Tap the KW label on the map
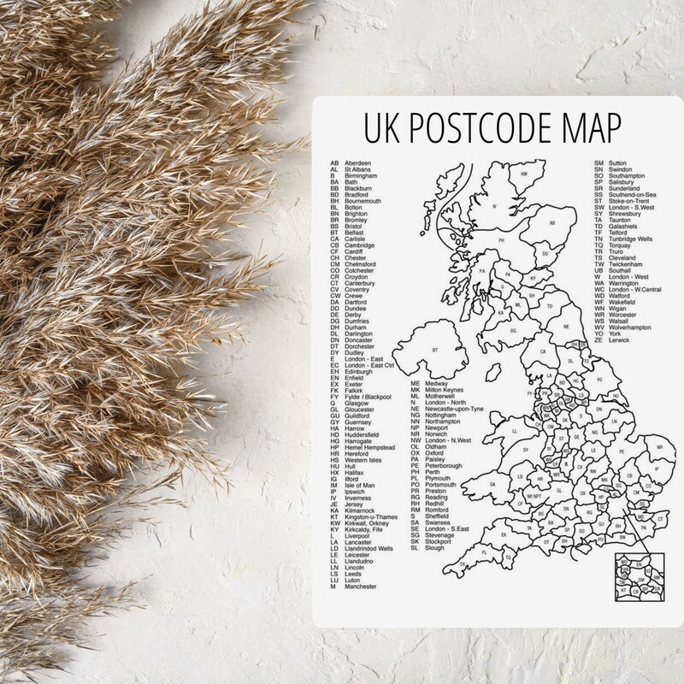(x=525, y=174)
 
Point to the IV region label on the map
(x=493, y=205)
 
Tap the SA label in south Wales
(x=493, y=483)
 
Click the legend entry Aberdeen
(x=358, y=162)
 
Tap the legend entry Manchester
(x=361, y=587)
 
